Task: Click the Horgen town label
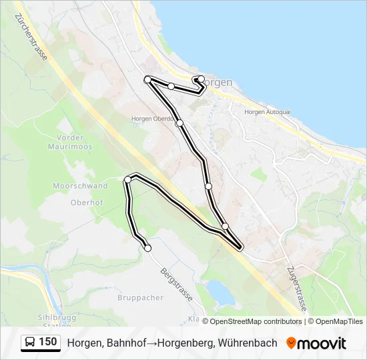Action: [218, 82]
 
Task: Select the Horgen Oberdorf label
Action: [153, 119]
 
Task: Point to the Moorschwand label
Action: [80, 186]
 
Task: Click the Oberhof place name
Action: [87, 201]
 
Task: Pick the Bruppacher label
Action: [140, 297]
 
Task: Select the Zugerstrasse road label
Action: [296, 288]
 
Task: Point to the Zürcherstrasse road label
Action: [34, 39]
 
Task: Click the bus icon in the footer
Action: [30, 343]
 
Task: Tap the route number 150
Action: [48, 343]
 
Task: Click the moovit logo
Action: [316, 343]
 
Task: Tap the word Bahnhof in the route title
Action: [124, 343]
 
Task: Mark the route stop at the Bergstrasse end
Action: [148, 248]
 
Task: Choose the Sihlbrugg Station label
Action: [53, 321]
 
